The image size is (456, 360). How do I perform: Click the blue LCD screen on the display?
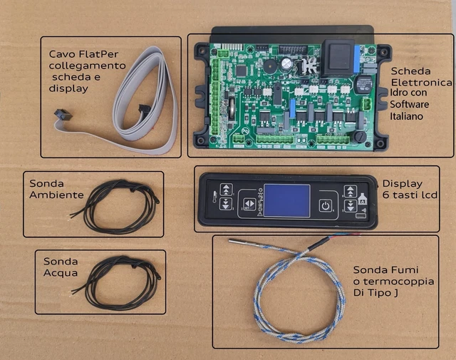pyautogui.click(x=288, y=201)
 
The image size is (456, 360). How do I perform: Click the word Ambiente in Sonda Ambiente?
pyautogui.click(x=63, y=195)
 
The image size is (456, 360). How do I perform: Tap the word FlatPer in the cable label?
pyautogui.click(x=108, y=54)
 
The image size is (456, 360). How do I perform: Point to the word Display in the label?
pyautogui.click(x=402, y=183)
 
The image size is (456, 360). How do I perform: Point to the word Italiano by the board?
pyautogui.click(x=407, y=115)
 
